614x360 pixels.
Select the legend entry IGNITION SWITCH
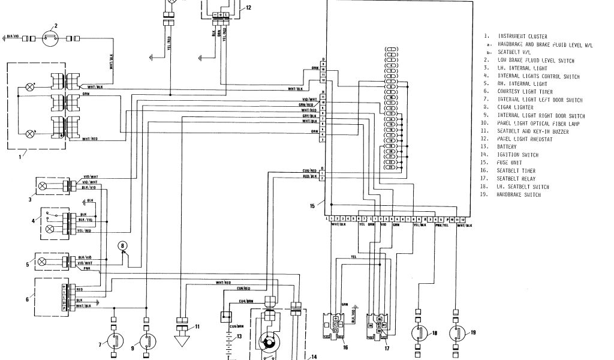(517, 155)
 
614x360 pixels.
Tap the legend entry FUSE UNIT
(510, 163)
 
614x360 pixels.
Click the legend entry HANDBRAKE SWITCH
(519, 194)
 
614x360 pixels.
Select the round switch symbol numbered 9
(147, 341)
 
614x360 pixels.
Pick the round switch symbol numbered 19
(457, 332)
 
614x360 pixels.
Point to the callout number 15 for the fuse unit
(312, 206)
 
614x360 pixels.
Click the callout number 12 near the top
(248, 8)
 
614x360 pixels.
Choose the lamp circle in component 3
(43, 186)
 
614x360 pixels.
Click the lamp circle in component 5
(43, 261)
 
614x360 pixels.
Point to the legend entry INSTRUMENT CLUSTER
(522, 37)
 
